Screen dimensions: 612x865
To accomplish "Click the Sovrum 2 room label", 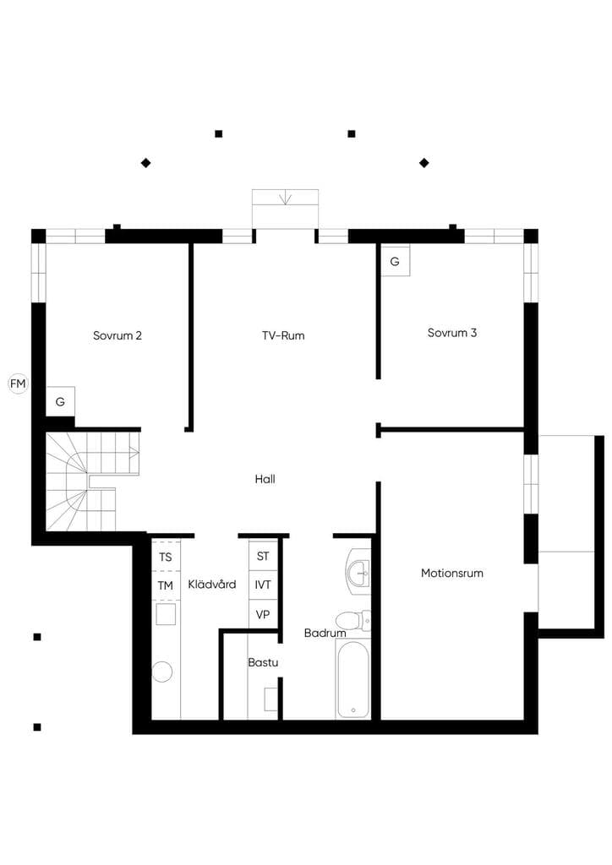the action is [x=117, y=335].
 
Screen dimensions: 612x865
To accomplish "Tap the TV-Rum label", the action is [x=283, y=335].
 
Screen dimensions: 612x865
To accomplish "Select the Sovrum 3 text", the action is [x=452, y=333].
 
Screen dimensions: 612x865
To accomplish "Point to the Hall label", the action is [x=265, y=479].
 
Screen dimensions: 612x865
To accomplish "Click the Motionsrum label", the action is [x=452, y=573].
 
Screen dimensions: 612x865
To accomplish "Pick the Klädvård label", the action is [x=212, y=585].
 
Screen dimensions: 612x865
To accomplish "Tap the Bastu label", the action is [x=263, y=662].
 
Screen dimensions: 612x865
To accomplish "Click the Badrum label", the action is [x=325, y=633].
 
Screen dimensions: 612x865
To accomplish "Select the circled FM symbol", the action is [x=18, y=384].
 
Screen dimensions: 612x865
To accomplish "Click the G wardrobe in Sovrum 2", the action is [x=60, y=401].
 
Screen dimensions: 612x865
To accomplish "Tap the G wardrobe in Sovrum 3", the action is [x=395, y=261].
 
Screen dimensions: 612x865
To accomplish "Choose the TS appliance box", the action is [x=166, y=557].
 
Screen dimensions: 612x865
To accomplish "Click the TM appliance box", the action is [x=166, y=585].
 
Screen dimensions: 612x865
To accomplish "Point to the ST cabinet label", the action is [x=263, y=556].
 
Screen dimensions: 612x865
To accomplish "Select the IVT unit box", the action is [x=263, y=585].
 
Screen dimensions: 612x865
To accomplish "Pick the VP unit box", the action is [x=263, y=613].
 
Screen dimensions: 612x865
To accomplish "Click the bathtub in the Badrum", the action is [x=352, y=679].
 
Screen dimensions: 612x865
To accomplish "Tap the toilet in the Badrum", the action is [x=353, y=620].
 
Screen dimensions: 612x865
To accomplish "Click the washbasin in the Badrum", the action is [x=358, y=572].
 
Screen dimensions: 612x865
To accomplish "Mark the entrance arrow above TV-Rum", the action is [x=286, y=198].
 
